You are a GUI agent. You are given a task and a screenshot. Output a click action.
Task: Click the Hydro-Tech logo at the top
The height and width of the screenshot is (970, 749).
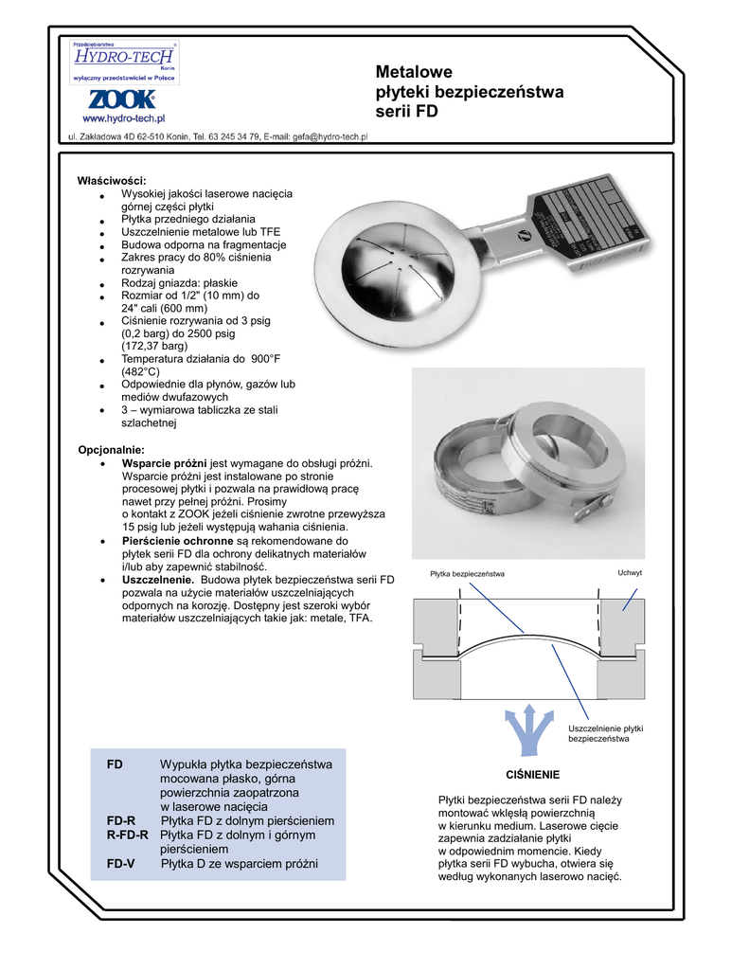coord(124,62)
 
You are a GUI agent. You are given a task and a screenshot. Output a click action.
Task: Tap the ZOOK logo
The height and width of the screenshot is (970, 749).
coord(124,99)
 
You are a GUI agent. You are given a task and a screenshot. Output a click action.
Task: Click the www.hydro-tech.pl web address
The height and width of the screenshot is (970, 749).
coord(124,118)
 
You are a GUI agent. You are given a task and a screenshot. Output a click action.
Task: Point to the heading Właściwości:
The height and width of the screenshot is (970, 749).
coord(112,180)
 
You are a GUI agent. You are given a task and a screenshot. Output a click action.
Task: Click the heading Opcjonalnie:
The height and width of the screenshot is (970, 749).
coord(111,449)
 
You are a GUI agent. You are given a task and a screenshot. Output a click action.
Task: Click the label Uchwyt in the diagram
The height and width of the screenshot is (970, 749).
coord(630,573)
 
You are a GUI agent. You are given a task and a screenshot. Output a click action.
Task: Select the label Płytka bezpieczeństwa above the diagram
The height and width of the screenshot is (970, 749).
coord(467,574)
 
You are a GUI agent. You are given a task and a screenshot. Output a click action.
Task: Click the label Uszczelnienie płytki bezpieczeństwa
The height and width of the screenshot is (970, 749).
coord(606,733)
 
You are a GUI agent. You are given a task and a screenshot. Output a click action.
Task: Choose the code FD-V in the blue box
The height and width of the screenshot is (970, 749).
coord(120,864)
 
